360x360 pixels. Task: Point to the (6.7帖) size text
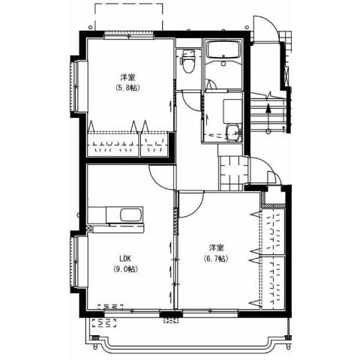[x=216, y=258]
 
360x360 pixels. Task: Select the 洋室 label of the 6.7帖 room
[x=216, y=247]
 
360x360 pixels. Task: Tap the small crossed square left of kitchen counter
[x=89, y=226]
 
